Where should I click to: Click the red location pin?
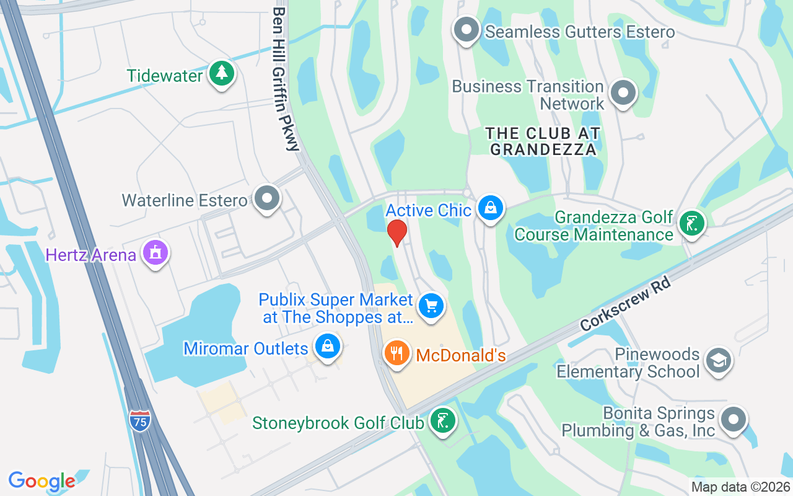(396, 232)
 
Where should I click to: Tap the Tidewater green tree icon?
(221, 74)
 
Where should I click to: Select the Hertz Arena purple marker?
(155, 253)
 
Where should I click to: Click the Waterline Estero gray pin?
(268, 199)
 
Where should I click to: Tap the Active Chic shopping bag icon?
(490, 208)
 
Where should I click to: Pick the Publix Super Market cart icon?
(431, 306)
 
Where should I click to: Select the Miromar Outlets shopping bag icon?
(326, 346)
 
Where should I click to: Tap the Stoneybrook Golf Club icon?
(442, 422)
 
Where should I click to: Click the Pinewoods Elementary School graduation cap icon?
(718, 360)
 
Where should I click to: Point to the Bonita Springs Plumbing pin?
(733, 419)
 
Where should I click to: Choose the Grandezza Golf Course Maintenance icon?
(691, 224)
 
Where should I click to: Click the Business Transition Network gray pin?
(623, 94)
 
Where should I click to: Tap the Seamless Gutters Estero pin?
(466, 30)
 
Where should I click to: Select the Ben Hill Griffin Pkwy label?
(286, 79)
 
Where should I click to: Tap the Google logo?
(42, 481)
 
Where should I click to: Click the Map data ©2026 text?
(741, 487)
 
